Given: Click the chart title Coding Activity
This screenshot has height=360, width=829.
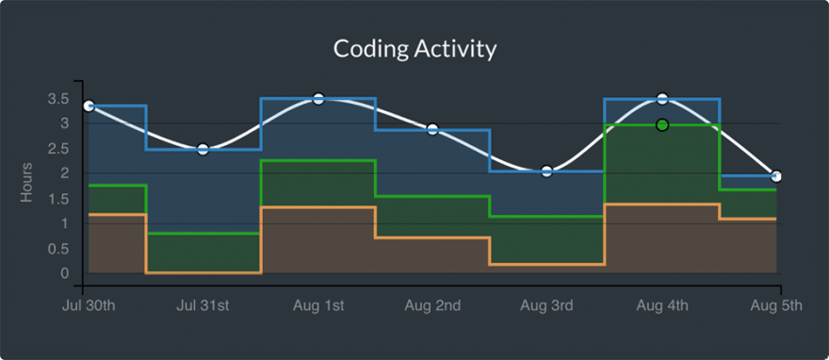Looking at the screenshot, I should coord(414,48).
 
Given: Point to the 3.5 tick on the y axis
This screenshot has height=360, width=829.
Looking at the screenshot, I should coord(57,99).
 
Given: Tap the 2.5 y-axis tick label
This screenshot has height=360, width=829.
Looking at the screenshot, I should coord(57,149).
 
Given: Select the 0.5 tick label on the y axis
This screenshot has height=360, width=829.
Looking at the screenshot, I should coord(57,249).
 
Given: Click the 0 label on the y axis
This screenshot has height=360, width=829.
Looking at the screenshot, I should coord(65,274).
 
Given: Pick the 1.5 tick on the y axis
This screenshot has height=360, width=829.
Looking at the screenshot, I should coord(57,199).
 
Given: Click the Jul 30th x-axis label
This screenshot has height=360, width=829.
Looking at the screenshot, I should coord(89,305).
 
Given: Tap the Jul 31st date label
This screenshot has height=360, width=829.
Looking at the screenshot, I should coord(203,305).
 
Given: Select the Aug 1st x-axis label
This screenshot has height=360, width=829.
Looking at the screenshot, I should coord(317,305).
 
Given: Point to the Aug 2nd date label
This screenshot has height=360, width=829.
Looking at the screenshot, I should coord(432,305).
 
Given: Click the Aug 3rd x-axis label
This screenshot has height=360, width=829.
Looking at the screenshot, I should coord(546,305).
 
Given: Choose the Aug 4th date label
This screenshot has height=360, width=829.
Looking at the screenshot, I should coord(661,305).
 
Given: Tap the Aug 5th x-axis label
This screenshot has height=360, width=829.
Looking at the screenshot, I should coord(775,305).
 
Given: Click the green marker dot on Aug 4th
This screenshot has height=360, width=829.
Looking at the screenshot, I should coord(662,125).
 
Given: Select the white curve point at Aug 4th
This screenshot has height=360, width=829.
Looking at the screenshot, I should coord(662,99).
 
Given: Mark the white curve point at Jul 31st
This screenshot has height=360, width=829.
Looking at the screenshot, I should coord(203,149).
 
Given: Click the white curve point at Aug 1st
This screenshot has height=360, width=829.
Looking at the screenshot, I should coord(318,99).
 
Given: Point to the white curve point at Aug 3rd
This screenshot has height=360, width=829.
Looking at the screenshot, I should coord(546,172).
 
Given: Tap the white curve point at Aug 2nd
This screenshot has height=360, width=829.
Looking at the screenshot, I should coord(432,129).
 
